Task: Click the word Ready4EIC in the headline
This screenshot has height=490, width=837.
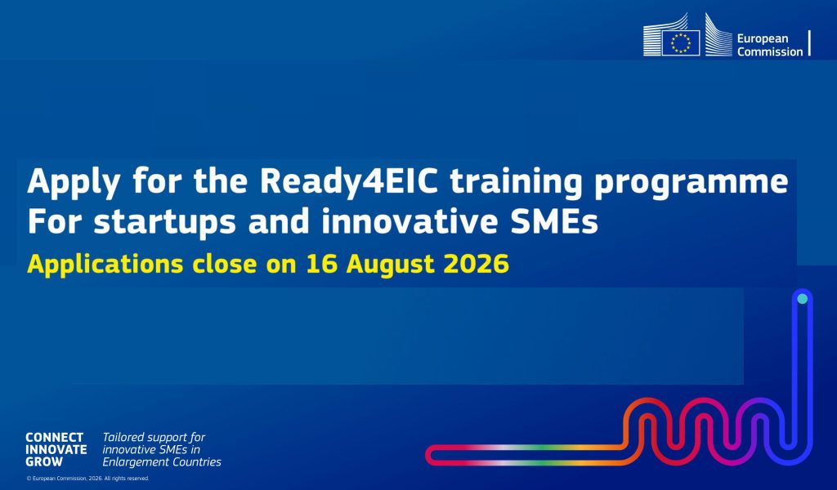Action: point(348,182)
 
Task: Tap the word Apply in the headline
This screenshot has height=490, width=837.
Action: point(74,182)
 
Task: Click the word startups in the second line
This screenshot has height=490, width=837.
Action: point(164,223)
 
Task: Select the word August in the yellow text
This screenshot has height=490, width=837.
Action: point(390,265)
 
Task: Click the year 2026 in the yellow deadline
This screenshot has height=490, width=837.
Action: point(477,264)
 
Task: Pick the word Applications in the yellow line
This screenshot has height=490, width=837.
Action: point(105,265)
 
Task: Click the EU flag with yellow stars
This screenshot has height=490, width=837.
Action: point(681,42)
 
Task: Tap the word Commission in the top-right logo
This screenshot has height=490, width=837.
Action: point(770,51)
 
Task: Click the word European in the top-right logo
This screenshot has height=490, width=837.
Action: point(763,39)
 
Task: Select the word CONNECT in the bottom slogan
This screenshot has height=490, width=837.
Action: point(55,437)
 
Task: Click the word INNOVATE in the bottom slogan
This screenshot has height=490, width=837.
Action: point(56,449)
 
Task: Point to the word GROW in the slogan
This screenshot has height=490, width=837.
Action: point(44,461)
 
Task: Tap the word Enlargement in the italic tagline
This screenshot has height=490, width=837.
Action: point(134,462)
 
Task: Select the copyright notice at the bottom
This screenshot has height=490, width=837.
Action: point(87,479)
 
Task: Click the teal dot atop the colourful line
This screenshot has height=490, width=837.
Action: point(803,299)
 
